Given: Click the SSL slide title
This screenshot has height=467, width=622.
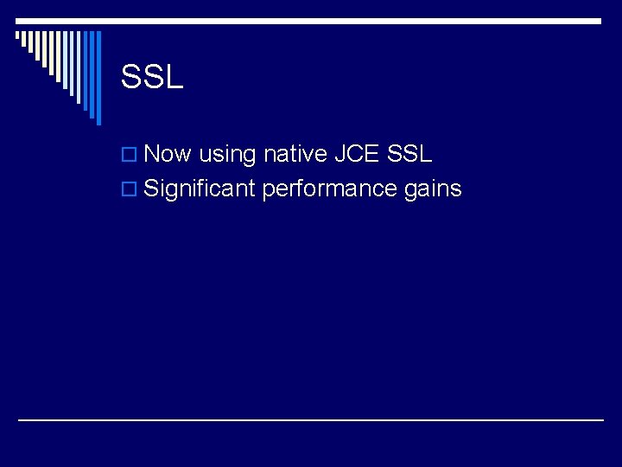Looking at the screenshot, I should pos(152,78).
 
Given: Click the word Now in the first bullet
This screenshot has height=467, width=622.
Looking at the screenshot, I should pos(168,155).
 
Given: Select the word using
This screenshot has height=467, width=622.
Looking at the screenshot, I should pos(227,156).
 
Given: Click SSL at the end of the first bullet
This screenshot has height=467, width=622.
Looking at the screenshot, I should pos(410,155).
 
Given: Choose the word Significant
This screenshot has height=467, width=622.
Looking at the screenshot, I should pos(199,189).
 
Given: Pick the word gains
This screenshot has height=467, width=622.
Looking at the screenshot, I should pos(433,189).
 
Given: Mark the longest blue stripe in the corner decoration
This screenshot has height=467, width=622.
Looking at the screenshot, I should pos(98,78).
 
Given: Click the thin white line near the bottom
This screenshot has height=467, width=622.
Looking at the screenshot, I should pos(311,419).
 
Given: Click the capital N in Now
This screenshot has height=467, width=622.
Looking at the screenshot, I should pos(153,155).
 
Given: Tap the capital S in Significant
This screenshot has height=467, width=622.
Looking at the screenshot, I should pos(151,189).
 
